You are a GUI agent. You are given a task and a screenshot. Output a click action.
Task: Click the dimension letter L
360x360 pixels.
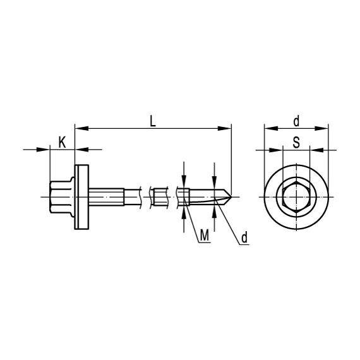[x=153, y=121]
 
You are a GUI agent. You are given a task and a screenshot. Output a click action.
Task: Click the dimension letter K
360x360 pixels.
[x=63, y=142]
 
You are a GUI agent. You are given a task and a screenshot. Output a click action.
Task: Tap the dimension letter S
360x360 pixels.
[x=296, y=142]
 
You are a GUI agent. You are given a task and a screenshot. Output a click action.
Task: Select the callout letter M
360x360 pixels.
[x=205, y=236]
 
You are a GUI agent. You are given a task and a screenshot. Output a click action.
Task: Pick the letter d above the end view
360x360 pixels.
[x=296, y=121]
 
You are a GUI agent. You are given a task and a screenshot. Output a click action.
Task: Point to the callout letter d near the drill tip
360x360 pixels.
[x=244, y=237]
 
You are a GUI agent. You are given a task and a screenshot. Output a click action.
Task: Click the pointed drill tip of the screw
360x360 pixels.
[x=231, y=197]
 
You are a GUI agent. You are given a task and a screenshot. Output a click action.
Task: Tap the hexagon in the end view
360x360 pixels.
[x=296, y=197]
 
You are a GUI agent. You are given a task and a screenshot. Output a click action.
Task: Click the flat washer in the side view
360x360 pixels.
[x=81, y=197]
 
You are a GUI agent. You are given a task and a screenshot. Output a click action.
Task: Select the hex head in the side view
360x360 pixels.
[x=62, y=197]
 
